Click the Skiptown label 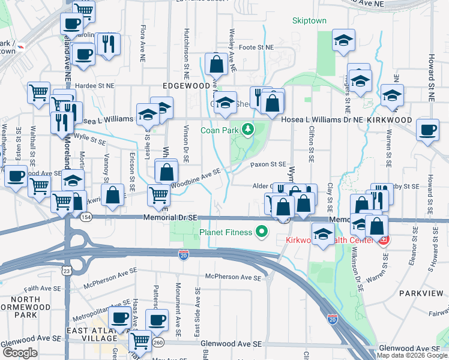[x=309, y=21]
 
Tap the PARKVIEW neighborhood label [x=420, y=295]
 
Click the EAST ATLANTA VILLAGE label [x=83, y=331]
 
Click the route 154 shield [x=87, y=217]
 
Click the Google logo [x=20, y=353]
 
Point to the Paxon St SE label [x=268, y=164]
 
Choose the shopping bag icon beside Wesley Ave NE [x=215, y=63]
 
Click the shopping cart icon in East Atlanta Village [x=140, y=341]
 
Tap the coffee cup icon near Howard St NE [x=428, y=130]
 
